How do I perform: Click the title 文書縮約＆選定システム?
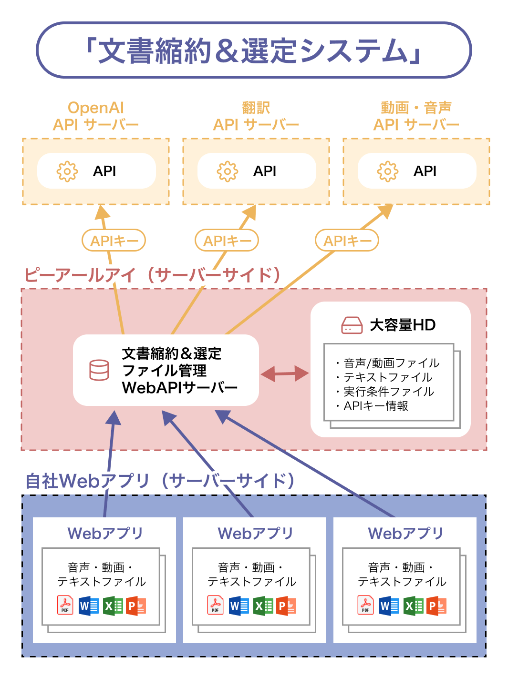tap(253, 50)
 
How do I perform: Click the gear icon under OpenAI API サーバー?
tap(67, 172)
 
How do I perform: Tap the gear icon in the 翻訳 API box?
tap(227, 172)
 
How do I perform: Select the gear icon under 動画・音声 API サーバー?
tap(387, 172)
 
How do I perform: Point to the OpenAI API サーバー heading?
tap(96, 116)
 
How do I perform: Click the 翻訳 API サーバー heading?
tap(256, 116)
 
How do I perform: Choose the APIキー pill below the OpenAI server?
tap(114, 241)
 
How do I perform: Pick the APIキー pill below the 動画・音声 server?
tap(347, 241)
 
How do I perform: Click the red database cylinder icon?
tap(99, 370)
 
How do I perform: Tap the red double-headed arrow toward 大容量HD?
tap(285, 373)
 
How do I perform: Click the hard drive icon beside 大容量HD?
tap(352, 325)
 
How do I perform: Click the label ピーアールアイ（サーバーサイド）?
tap(152, 275)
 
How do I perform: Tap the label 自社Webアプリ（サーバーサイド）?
tap(160, 481)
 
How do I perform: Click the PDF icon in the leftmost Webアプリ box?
tap(65, 605)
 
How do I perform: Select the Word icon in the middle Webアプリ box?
tap(239, 605)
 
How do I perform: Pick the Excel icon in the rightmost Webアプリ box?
tap(413, 605)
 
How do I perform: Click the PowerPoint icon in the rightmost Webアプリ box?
tap(436, 605)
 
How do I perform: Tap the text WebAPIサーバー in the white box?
tap(180, 388)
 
